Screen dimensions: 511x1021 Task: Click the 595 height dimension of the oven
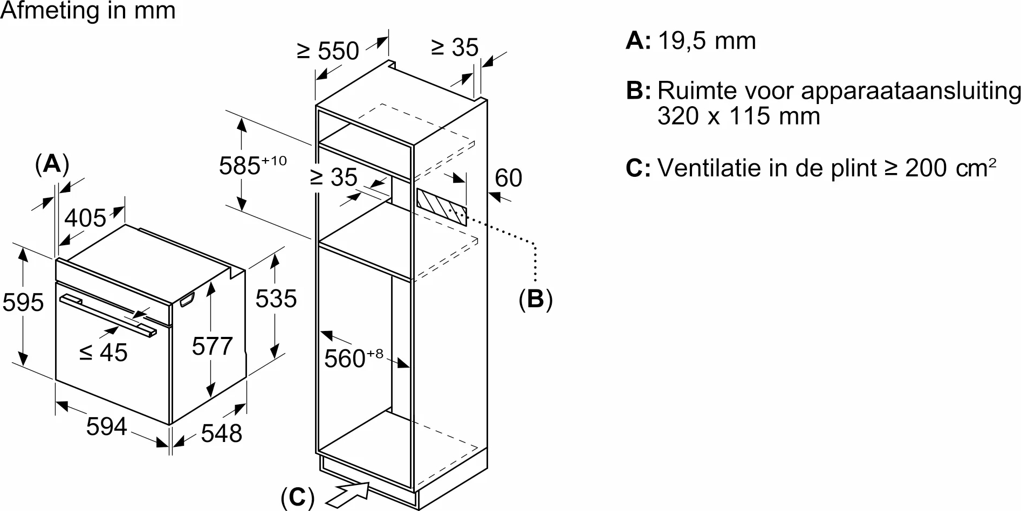(23, 302)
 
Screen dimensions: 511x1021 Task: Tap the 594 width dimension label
(106, 427)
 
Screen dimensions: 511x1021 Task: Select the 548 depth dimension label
(221, 433)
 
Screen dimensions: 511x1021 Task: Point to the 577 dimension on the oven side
(212, 346)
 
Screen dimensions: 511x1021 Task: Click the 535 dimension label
(276, 299)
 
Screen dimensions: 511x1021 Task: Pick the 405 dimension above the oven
(85, 218)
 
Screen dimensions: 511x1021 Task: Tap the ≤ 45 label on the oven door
(103, 353)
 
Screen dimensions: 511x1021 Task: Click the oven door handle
(108, 315)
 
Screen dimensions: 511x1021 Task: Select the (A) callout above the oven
(52, 164)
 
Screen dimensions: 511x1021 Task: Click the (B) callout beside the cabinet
(535, 299)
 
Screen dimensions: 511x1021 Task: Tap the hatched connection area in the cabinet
(441, 207)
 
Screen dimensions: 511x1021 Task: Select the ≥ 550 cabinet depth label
(327, 51)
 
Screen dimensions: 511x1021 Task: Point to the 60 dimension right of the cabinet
(508, 178)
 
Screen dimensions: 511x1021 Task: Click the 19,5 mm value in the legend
(707, 41)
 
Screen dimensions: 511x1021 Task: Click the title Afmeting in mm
(88, 11)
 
